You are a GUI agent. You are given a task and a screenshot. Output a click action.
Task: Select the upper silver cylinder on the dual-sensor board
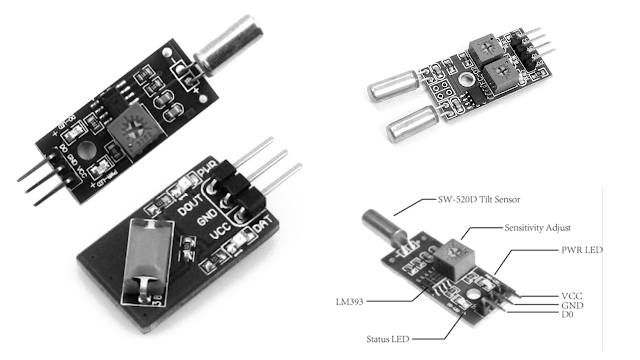point(396,88)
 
